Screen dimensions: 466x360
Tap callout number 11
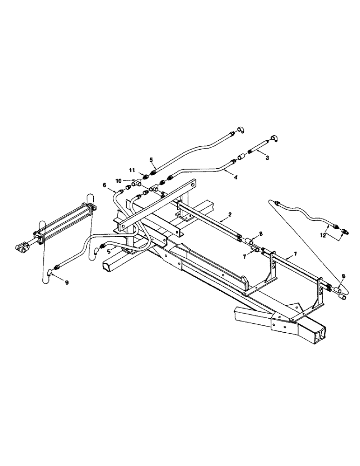(x=132, y=171)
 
